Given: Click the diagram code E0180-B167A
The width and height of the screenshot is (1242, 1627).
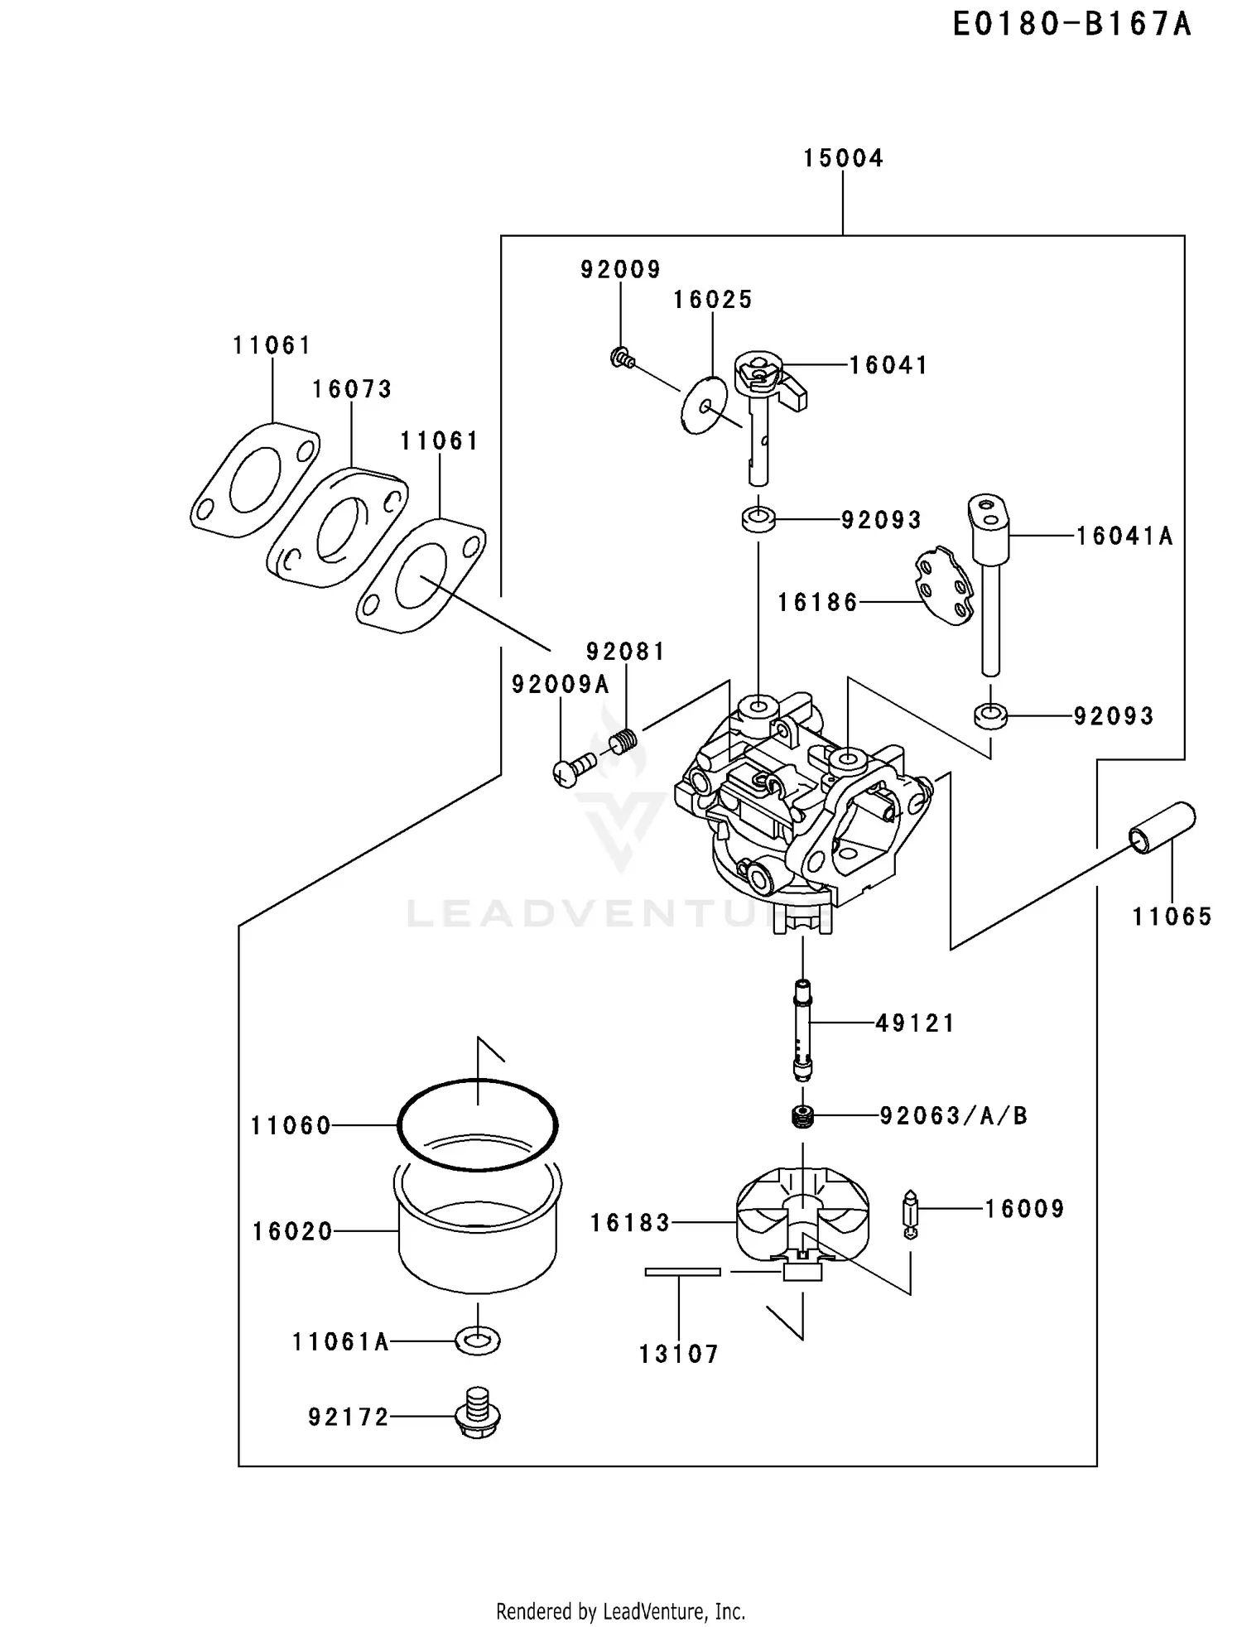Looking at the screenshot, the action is coord(1071,24).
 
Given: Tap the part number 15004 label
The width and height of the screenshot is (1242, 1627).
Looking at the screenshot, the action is coord(843,158).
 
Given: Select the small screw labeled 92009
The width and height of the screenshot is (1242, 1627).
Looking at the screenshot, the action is coord(622,359).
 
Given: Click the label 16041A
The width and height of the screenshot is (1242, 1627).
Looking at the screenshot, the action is coord(1124,537).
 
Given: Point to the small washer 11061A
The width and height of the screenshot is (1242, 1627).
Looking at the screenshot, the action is coord(478,1340).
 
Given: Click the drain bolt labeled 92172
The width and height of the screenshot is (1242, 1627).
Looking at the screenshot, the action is coord(478,1413).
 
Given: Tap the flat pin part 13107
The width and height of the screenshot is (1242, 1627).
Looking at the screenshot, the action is coord(683,1272).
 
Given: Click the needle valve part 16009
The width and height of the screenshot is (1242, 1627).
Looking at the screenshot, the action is coord(910,1215).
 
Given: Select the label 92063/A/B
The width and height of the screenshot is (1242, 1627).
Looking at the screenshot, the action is coord(953,1116).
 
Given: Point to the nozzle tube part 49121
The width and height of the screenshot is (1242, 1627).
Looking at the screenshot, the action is coord(802,1029).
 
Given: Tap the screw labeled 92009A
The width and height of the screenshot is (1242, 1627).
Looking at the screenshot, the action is coord(574,768).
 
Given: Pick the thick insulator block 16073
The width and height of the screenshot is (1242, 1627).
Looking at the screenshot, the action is coord(337,528).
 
